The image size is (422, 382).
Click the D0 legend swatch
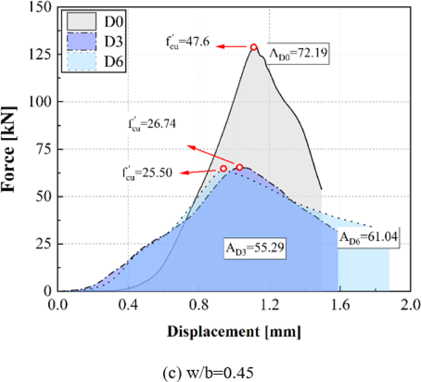click(x=82, y=21)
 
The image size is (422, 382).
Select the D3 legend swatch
click(x=82, y=42)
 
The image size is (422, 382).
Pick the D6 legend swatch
click(x=82, y=62)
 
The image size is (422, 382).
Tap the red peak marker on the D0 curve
click(x=253, y=47)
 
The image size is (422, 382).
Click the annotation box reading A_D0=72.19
click(x=298, y=53)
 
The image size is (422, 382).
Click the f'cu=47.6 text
click(x=187, y=42)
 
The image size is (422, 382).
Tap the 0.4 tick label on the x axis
click(x=128, y=305)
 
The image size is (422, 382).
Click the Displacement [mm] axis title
click(x=234, y=332)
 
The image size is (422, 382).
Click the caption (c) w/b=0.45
click(x=208, y=373)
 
